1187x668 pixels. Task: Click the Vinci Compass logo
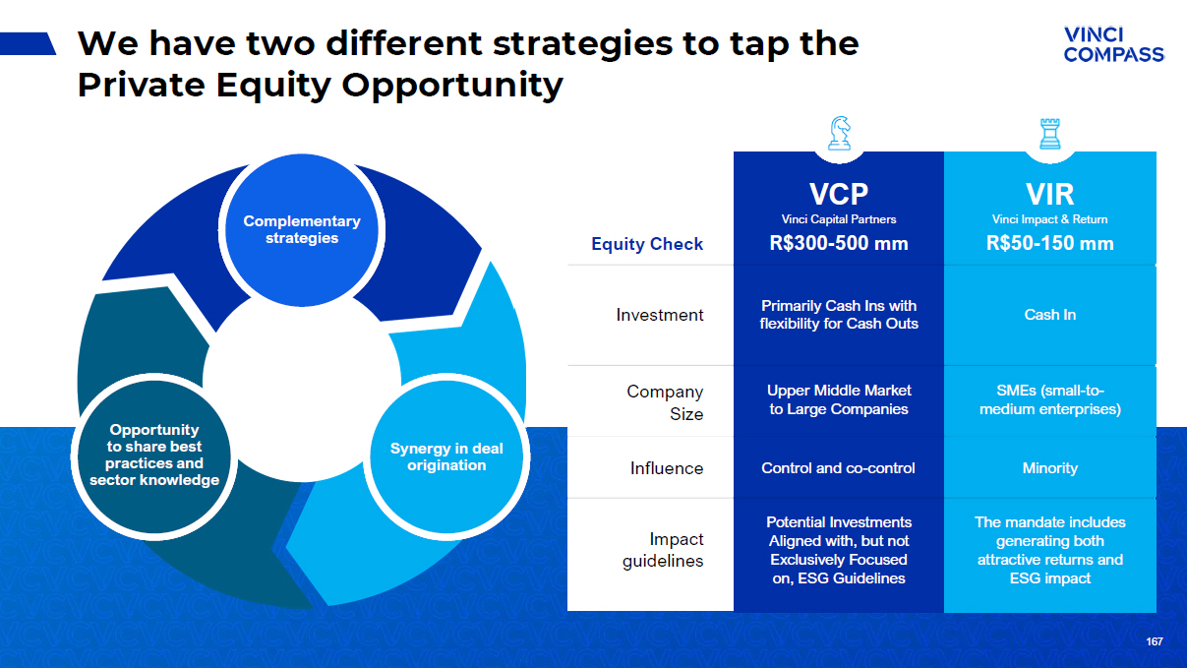click(x=1114, y=44)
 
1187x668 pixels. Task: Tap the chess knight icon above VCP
click(x=840, y=133)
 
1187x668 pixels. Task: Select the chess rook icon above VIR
click(x=1049, y=134)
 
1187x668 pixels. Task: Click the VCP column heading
click(x=839, y=194)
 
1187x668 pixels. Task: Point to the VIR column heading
click(x=1049, y=194)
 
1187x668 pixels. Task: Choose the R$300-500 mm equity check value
click(x=839, y=243)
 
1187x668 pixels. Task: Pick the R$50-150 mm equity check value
click(x=1049, y=243)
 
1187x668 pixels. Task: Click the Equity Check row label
click(x=647, y=244)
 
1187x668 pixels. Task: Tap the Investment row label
click(x=660, y=315)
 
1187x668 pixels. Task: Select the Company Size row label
click(x=665, y=402)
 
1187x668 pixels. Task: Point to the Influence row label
click(x=667, y=468)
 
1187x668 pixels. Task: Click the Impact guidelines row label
click(x=663, y=550)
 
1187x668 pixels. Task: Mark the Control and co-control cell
click(x=838, y=468)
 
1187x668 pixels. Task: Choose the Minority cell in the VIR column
click(x=1049, y=468)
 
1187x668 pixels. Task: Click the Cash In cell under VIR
click(x=1049, y=315)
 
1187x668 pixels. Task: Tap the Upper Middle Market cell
click(x=839, y=399)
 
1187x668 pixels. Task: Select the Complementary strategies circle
click(x=302, y=230)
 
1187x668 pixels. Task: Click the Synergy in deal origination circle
click(x=446, y=456)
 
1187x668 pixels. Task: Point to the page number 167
click(x=1155, y=641)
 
